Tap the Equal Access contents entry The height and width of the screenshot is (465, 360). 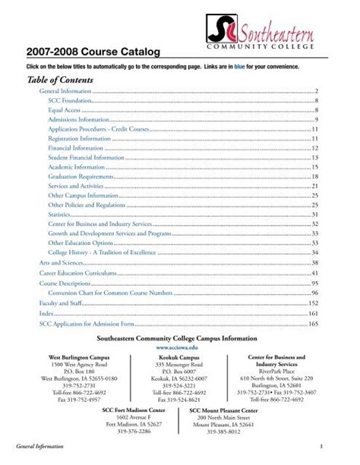click(65, 110)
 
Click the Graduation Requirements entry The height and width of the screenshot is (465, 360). click(81, 176)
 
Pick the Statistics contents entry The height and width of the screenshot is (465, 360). click(62, 215)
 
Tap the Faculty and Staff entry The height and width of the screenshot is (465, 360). click(60, 302)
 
